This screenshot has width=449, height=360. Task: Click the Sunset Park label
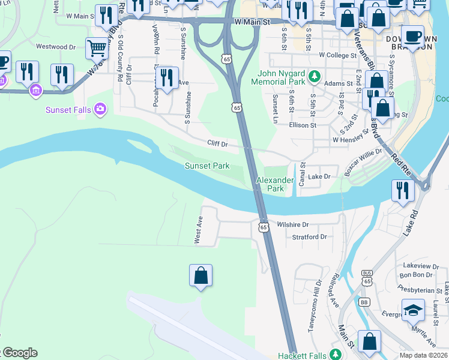(x=206, y=166)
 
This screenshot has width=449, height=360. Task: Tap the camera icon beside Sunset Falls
(x=100, y=110)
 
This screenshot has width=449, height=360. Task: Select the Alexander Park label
(x=275, y=184)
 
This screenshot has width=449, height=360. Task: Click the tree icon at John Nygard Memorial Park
(x=314, y=76)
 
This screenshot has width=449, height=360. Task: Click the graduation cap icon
(x=412, y=310)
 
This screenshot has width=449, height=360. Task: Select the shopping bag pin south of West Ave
(x=201, y=275)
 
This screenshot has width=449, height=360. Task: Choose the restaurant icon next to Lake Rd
(x=403, y=190)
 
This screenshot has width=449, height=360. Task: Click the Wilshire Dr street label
(x=292, y=224)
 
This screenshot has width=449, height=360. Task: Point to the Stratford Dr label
(x=309, y=237)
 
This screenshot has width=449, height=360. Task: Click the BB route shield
(x=364, y=302)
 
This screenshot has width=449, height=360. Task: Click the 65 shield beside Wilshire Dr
(x=264, y=227)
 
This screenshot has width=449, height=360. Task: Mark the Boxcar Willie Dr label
(x=364, y=162)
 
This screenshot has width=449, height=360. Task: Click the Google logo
(x=19, y=353)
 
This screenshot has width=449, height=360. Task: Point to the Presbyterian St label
(x=421, y=290)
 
